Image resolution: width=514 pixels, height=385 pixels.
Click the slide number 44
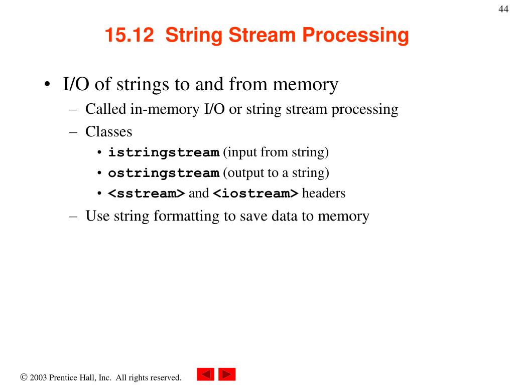pyautogui.click(x=503, y=10)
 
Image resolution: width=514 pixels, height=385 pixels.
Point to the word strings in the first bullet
pyautogui.click(x=143, y=84)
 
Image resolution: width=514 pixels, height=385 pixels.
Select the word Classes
pyautogui.click(x=108, y=132)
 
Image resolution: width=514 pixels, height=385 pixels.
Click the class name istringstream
pyautogui.click(x=164, y=152)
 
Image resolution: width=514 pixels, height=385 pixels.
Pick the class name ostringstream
pyautogui.click(x=164, y=173)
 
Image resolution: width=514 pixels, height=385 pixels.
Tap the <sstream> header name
pyautogui.click(x=147, y=194)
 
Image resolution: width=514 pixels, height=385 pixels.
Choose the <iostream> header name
pyautogui.click(x=256, y=194)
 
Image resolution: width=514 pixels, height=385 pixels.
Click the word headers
pyautogui.click(x=324, y=194)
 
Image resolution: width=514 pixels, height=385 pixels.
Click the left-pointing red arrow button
pyautogui.click(x=205, y=374)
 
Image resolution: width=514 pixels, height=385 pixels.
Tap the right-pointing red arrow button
pyautogui.click(x=227, y=374)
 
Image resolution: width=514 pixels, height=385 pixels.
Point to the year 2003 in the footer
pyautogui.click(x=38, y=377)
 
